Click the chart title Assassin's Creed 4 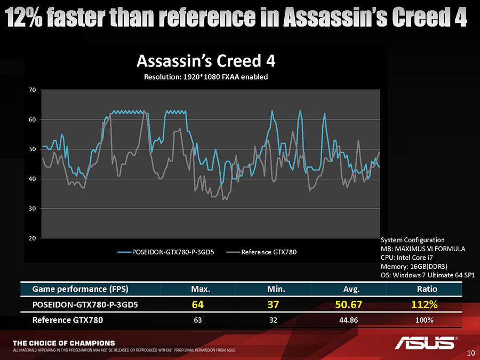click(x=206, y=61)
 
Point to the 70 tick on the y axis click(x=33, y=90)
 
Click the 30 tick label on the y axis click(x=33, y=209)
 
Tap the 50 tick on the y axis click(x=33, y=149)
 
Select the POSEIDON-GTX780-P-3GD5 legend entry click(x=166, y=252)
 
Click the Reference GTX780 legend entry click(x=262, y=252)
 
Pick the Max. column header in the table click(x=201, y=289)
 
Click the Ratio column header click(x=427, y=289)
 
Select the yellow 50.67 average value click(x=349, y=305)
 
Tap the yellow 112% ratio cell click(x=425, y=305)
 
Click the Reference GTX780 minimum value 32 click(x=273, y=320)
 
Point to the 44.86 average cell click(x=349, y=320)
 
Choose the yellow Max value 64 click(x=198, y=305)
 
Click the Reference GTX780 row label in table click(x=68, y=320)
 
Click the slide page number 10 click(x=471, y=353)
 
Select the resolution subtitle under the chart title click(x=206, y=77)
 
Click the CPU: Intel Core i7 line click(x=407, y=258)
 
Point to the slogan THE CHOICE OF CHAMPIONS click(x=63, y=343)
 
